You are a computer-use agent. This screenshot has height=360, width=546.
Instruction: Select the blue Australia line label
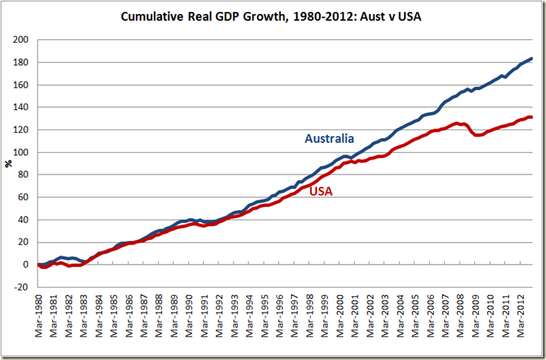(x=330, y=139)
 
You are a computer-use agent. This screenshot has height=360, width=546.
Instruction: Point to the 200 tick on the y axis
(x=21, y=40)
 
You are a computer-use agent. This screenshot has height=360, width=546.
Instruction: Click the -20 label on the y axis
(x=21, y=288)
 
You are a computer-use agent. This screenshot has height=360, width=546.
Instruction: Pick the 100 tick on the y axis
(x=21, y=152)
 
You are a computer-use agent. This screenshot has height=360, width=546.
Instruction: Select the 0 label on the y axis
(x=26, y=265)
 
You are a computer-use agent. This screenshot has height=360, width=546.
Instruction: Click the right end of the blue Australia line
(x=532, y=58)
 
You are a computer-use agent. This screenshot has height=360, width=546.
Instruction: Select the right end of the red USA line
(x=532, y=117)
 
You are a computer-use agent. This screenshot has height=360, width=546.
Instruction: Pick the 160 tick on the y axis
(x=21, y=85)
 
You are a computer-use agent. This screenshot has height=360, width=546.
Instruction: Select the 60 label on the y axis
(x=24, y=197)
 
